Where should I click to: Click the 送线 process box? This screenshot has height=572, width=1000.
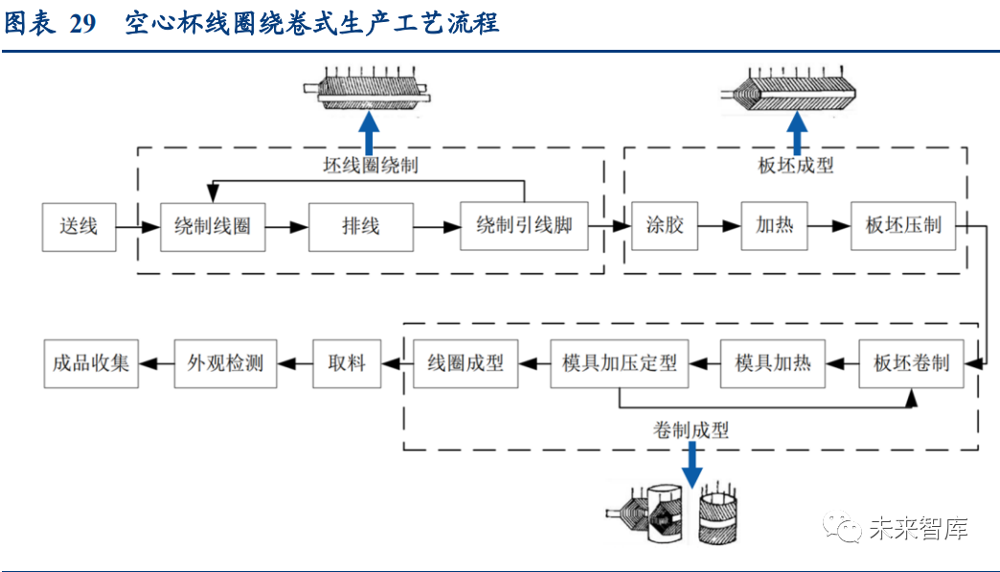point(78,227)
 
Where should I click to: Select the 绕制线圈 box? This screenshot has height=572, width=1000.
point(212,227)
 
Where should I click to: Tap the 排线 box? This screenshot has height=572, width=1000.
point(361,227)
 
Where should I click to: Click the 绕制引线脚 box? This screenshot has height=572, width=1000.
point(524,227)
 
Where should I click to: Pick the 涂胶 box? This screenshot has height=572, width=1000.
point(664,227)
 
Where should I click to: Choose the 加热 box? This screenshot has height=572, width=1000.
point(774,227)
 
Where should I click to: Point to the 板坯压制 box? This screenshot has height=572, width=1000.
point(902,227)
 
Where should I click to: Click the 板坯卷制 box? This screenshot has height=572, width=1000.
point(911,363)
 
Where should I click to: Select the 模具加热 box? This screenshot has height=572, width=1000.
point(772,363)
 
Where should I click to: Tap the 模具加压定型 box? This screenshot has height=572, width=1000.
point(619,363)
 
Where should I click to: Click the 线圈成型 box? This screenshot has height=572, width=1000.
point(465,363)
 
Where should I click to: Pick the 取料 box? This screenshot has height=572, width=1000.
point(346,363)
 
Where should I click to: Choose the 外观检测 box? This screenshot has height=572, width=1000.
point(225,363)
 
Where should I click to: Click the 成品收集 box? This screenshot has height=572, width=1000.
point(91,363)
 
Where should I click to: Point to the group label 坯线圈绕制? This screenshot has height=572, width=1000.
point(370,165)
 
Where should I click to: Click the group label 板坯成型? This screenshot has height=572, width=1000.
point(795,165)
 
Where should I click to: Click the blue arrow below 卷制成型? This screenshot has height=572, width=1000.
point(691,465)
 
